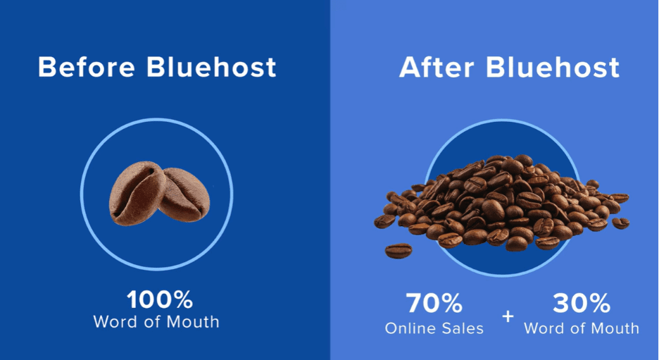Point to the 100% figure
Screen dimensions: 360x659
[x=160, y=300]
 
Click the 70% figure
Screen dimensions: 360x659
[x=434, y=304]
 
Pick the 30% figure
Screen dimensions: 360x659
[x=582, y=304]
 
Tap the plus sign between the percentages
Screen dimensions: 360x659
[x=508, y=316]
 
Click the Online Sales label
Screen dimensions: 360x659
[x=434, y=328]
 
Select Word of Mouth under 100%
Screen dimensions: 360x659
[x=156, y=322]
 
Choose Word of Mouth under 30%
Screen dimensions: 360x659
[x=582, y=328]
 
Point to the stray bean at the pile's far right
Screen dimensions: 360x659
[x=620, y=223]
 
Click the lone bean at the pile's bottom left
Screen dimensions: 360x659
[x=398, y=250]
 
